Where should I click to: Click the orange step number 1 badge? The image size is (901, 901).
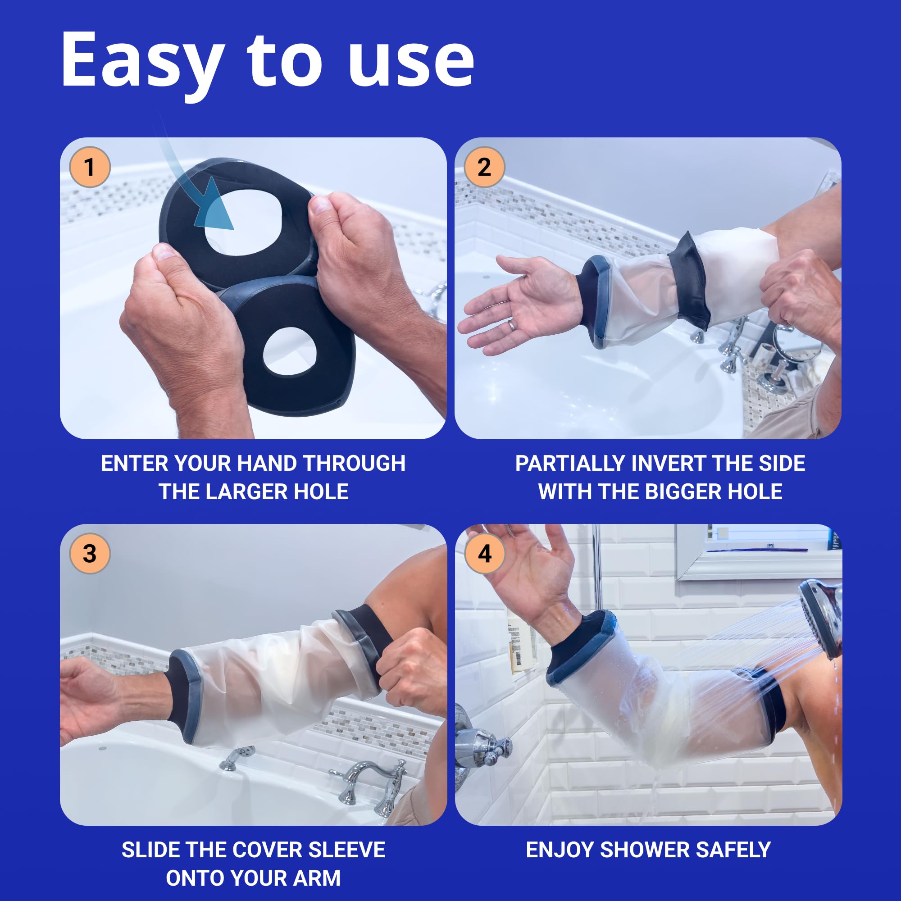click(90, 167)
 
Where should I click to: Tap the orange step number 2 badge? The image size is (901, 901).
click(485, 167)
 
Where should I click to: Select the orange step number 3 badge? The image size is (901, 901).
click(90, 554)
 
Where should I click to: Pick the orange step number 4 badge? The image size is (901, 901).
click(485, 554)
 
